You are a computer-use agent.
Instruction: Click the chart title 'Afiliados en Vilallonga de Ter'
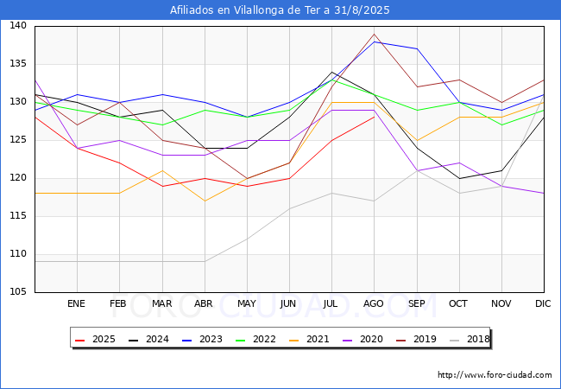pos(280,10)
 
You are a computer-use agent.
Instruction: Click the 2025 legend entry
pos(98,340)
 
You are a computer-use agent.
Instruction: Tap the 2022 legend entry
pos(255,340)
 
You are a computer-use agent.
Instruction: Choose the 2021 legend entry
pos(308,340)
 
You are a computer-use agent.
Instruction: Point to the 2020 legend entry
pos(361,340)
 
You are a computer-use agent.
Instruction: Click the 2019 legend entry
pos(413,340)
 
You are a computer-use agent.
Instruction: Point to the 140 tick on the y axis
pos(18,26)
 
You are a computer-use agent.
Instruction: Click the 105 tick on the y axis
pos(18,292)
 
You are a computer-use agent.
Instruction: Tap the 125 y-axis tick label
pos(18,140)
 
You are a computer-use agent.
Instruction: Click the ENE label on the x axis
pos(77,304)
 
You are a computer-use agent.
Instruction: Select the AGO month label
pos(374,304)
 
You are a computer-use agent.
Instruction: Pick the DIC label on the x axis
pos(543,304)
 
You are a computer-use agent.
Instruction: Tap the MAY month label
pos(247,304)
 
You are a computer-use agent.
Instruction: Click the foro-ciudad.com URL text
pos(495,375)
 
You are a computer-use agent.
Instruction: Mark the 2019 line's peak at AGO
pos(374,34)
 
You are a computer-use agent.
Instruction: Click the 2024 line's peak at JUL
pos(331,72)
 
